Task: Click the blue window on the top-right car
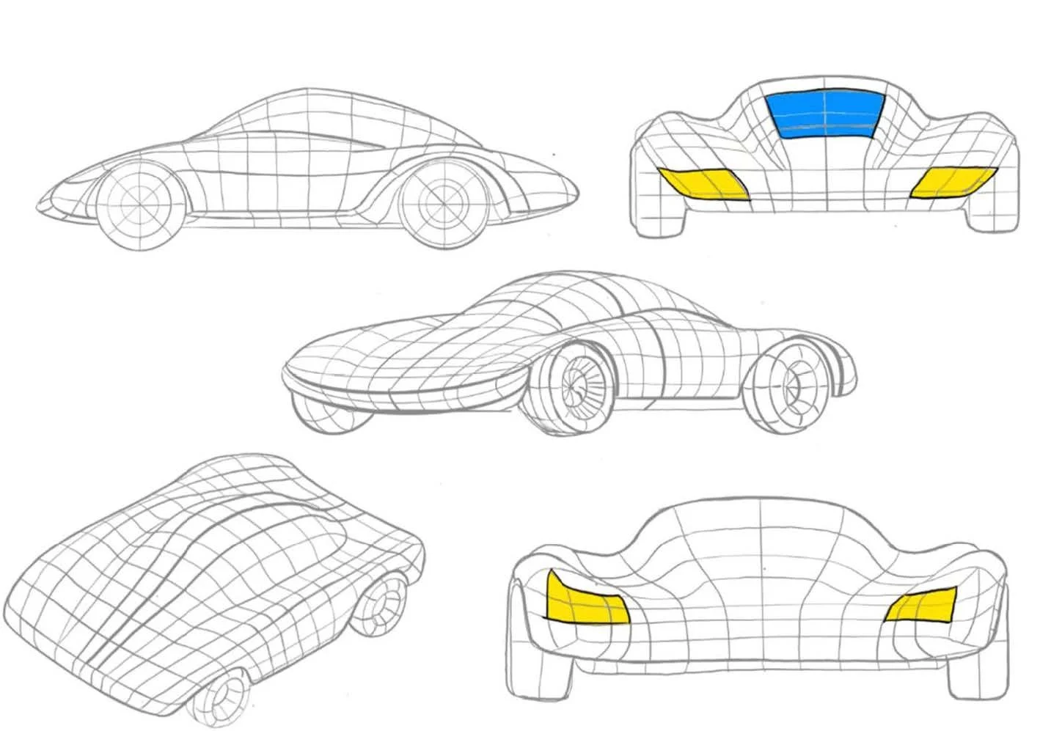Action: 824,114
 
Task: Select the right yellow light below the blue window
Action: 952,182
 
